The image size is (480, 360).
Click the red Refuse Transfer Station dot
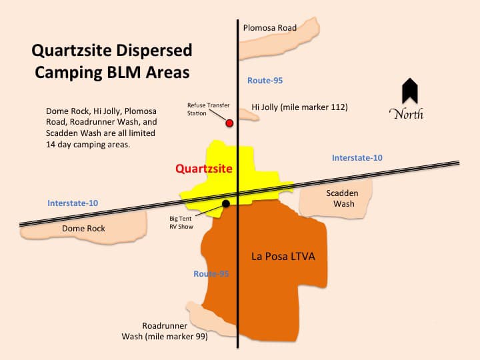click(230, 123)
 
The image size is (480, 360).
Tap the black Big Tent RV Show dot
click(226, 203)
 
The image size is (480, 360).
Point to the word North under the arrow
click(406, 114)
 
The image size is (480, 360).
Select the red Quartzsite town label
click(204, 169)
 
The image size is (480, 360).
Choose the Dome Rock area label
click(83, 229)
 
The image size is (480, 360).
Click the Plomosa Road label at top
click(270, 28)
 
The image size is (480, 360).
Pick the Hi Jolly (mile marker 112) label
click(299, 107)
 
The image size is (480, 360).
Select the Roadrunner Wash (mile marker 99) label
click(165, 331)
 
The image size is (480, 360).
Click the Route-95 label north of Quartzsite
click(265, 81)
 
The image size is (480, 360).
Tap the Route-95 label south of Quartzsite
click(211, 274)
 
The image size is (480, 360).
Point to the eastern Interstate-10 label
click(357, 158)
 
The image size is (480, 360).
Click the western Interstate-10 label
click(73, 203)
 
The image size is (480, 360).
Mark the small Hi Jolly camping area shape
click(249, 117)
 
